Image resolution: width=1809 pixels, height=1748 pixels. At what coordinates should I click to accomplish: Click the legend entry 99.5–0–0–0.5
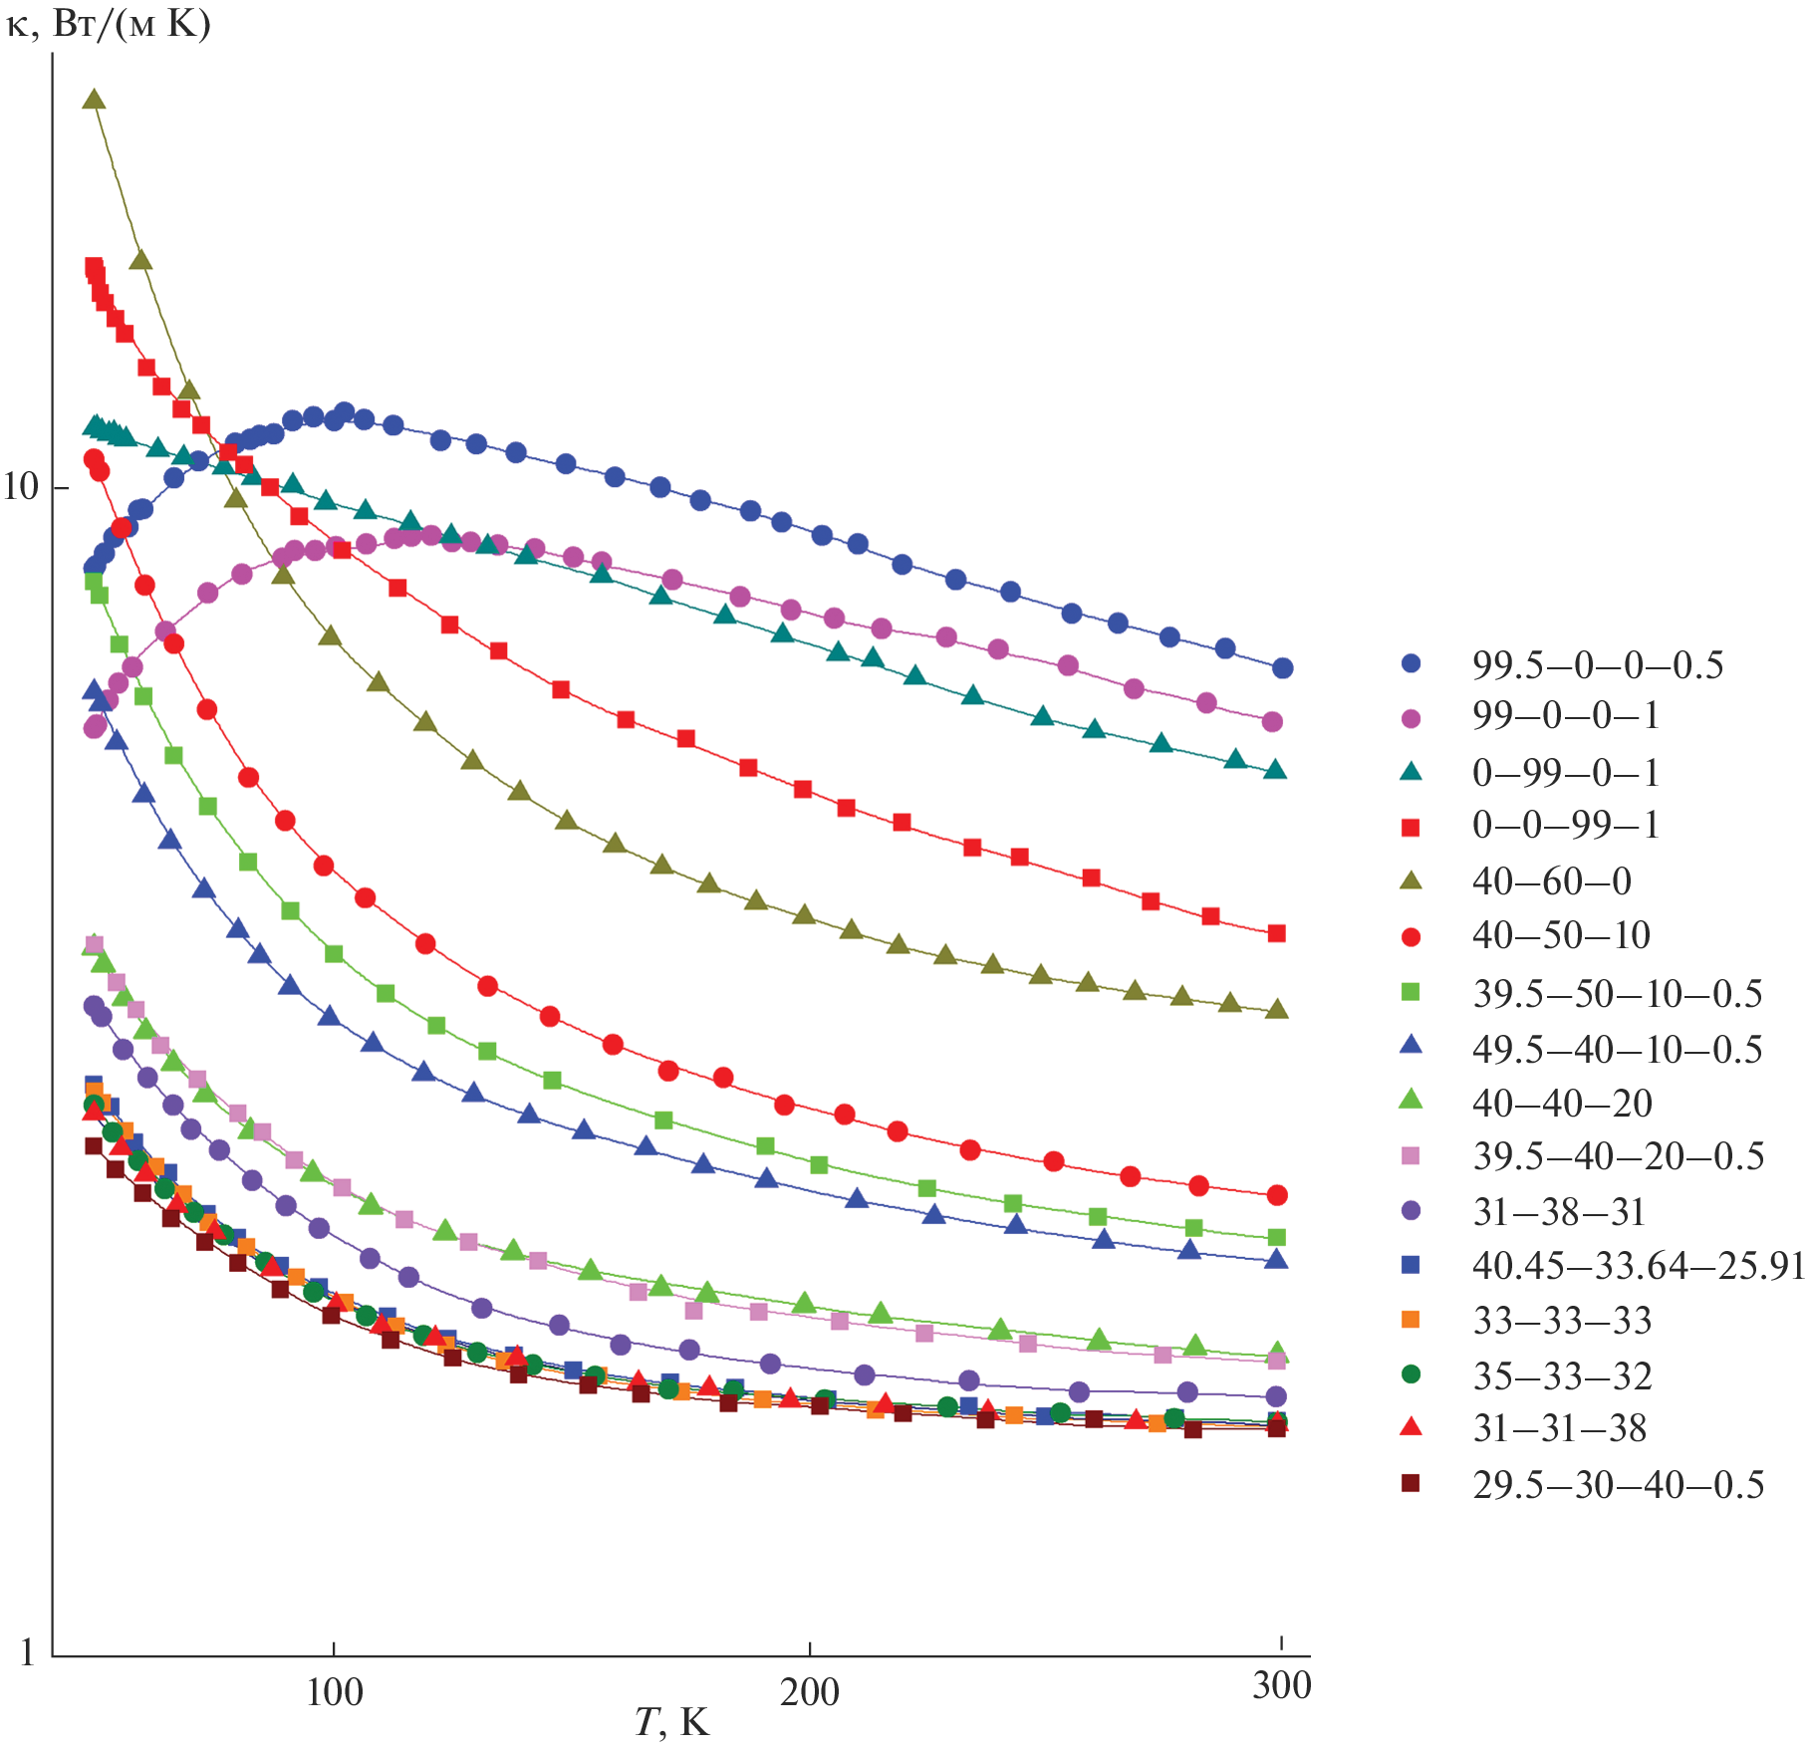(x=1597, y=665)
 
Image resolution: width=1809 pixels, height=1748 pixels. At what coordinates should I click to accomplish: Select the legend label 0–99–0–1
(x=1565, y=773)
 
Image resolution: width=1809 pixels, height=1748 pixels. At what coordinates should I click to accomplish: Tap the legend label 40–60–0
(x=1551, y=881)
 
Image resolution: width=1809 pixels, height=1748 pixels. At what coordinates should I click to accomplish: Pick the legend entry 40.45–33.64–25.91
(x=1638, y=1266)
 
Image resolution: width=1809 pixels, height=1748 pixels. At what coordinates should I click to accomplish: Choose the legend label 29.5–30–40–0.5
(x=1618, y=1485)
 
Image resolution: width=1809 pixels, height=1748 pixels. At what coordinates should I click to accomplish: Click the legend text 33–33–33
(x=1561, y=1321)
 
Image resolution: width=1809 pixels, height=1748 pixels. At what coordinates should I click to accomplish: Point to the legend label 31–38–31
(x=1558, y=1212)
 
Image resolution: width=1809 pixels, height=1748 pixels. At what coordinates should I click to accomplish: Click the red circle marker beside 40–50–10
(x=1411, y=936)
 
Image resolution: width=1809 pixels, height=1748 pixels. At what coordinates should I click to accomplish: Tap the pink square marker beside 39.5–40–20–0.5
(x=1411, y=1155)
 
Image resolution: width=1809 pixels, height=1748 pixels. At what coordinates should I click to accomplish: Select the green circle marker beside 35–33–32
(x=1411, y=1374)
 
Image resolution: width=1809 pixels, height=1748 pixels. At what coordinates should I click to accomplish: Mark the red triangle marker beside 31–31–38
(x=1411, y=1428)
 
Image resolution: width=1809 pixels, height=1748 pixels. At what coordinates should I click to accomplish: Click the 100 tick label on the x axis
(x=334, y=1692)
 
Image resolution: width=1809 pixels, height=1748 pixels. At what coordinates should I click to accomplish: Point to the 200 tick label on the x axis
(x=809, y=1692)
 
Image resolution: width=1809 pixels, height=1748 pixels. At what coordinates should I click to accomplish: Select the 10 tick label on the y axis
(x=21, y=488)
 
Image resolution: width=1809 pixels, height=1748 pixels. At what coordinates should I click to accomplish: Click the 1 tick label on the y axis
(x=28, y=1653)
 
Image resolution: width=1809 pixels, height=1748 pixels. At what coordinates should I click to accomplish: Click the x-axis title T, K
(x=672, y=1722)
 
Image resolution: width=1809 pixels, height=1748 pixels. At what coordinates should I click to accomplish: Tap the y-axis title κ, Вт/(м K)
(x=109, y=24)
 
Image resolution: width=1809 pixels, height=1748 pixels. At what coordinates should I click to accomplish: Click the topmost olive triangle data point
(x=94, y=99)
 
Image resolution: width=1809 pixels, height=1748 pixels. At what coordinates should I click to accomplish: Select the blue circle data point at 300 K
(x=1282, y=668)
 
